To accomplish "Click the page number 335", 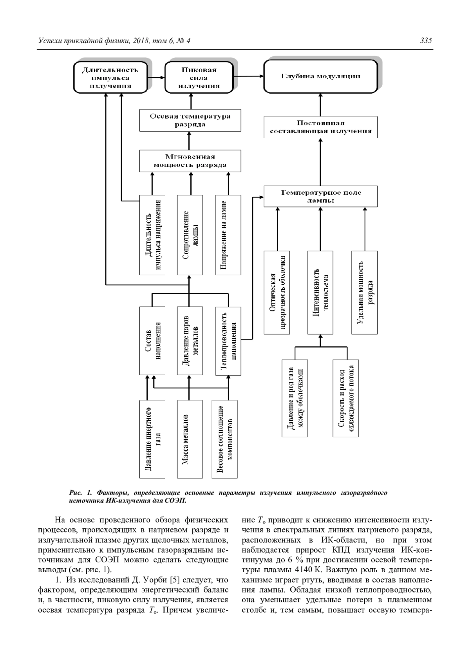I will [x=426, y=41].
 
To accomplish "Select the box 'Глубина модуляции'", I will [x=321, y=76].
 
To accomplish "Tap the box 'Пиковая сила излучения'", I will [x=199, y=78].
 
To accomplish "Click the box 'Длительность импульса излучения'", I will [x=110, y=78].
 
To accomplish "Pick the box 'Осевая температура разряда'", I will [x=190, y=120].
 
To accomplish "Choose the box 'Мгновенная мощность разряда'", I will [x=190, y=161].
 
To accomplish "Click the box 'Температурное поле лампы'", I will [x=320, y=196].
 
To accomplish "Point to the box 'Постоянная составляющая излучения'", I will [x=320, y=127].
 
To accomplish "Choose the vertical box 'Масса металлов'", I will [x=190, y=439].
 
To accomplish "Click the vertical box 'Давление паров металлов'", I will [x=190, y=341].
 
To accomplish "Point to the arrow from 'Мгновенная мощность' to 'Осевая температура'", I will [x=190, y=141].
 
